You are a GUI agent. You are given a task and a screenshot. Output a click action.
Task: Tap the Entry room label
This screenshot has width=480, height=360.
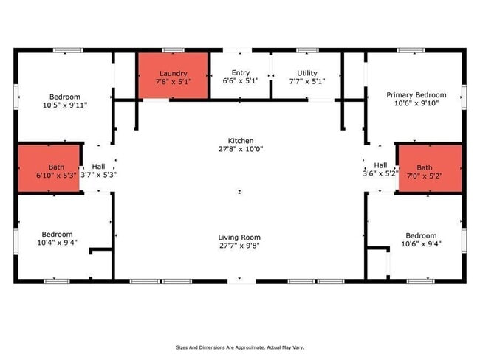pos(241,72)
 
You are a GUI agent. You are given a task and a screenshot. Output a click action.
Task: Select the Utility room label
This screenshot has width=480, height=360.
pos(306,73)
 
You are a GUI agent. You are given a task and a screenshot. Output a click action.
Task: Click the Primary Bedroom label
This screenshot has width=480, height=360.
pos(416,95)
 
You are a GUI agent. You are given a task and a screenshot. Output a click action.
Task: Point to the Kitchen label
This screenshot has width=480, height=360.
pos(241,140)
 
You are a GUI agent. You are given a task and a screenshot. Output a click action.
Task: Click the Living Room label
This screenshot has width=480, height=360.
pos(239,237)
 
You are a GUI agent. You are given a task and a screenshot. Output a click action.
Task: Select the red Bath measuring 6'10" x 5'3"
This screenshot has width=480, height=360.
pos(49,170)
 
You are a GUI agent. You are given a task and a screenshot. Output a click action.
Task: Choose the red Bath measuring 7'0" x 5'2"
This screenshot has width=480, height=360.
pos(430,168)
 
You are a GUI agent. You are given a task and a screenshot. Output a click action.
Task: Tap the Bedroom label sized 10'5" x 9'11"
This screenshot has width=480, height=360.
pos(64,97)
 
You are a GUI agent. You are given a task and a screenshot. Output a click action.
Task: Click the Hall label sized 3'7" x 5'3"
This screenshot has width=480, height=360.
pos(98,167)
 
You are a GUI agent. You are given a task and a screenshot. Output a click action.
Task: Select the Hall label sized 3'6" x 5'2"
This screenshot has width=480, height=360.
pos(380,165)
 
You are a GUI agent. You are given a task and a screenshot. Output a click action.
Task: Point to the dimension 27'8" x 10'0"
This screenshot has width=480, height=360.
pos(241,149)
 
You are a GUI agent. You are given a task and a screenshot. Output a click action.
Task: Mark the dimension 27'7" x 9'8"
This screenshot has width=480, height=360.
pos(239,246)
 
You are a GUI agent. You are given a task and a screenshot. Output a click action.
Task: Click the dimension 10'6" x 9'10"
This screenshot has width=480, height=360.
pos(416,104)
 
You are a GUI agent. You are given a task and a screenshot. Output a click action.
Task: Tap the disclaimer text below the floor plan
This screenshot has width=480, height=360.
pos(239,347)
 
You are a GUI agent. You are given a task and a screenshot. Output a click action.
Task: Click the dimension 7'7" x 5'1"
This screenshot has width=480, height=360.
pos(306,82)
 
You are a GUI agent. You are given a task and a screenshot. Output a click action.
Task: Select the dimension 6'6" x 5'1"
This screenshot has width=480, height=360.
pos(241,81)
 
